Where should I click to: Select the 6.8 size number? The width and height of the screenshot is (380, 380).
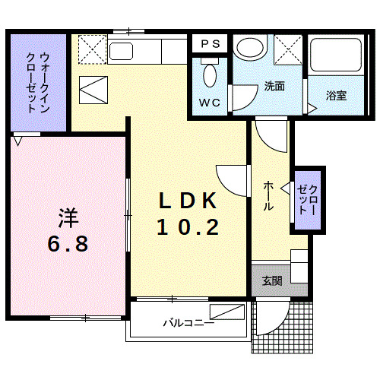[x=67, y=244]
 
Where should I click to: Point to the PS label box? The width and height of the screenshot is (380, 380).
[x=211, y=44]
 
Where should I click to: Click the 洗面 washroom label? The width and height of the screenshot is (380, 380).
[x=274, y=86]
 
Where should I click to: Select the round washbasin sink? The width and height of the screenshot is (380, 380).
[x=249, y=47]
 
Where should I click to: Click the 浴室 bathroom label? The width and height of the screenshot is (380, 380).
[x=336, y=97]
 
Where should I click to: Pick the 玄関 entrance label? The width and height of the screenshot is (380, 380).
[x=272, y=281]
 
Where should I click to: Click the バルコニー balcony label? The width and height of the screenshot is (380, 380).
[x=188, y=322]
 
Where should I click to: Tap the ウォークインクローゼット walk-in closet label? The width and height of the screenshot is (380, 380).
[x=37, y=82]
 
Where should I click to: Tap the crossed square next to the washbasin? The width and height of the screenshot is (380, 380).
[x=290, y=51]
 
